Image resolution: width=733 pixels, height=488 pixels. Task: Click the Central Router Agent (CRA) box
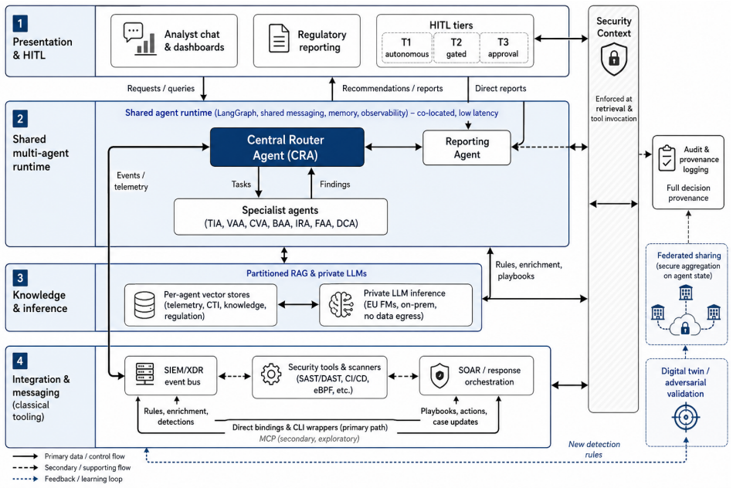[x=287, y=147]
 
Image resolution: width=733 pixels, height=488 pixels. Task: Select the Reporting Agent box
[x=467, y=147]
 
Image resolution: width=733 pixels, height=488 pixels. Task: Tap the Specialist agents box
[x=280, y=217]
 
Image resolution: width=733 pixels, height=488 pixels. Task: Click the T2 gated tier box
[x=456, y=48]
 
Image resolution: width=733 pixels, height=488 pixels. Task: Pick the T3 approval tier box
[x=504, y=48]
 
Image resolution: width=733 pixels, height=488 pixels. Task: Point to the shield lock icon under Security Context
[x=614, y=59]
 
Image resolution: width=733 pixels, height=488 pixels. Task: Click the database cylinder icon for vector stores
[x=144, y=305]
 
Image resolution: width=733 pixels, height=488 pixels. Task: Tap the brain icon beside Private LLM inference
[x=341, y=305]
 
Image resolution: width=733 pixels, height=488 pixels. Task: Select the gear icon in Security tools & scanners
[x=271, y=374]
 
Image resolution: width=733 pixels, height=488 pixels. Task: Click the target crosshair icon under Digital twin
[x=686, y=417]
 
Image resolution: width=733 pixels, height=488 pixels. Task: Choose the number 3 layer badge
[x=20, y=278]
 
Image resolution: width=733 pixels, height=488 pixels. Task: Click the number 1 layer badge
[x=20, y=23]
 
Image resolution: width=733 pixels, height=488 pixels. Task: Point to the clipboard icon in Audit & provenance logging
[x=667, y=158]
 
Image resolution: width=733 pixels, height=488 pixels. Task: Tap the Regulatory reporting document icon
[x=279, y=39]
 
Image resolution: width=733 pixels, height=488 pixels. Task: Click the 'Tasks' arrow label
[x=241, y=185]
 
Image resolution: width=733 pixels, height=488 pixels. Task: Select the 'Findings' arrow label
[x=334, y=185]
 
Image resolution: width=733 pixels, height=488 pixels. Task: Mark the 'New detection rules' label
[x=594, y=449]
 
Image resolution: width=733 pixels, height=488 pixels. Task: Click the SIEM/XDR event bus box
[x=171, y=375]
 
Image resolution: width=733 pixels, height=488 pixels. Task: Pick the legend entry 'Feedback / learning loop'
[x=83, y=479]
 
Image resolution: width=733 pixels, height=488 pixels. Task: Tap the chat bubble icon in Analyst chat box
[x=133, y=32]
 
